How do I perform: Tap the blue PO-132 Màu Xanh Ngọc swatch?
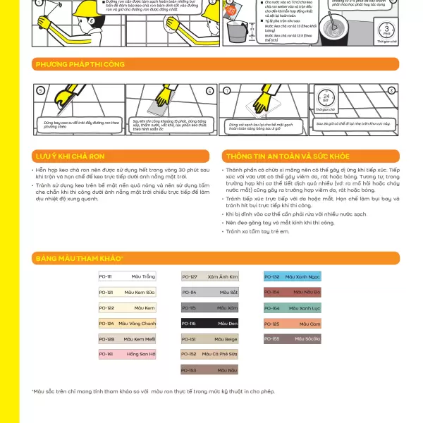point(293,277)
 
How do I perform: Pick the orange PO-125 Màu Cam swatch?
point(293,324)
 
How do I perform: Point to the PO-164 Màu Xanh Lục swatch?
point(293,308)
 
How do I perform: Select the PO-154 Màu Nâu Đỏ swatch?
point(293,292)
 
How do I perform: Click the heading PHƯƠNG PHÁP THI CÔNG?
point(80,65)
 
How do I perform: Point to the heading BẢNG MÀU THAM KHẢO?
point(80,259)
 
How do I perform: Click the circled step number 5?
point(41,91)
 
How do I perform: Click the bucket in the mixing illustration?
point(244,31)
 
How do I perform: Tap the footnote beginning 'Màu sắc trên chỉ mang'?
point(152,391)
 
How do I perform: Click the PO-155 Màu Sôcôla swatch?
point(293,339)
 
